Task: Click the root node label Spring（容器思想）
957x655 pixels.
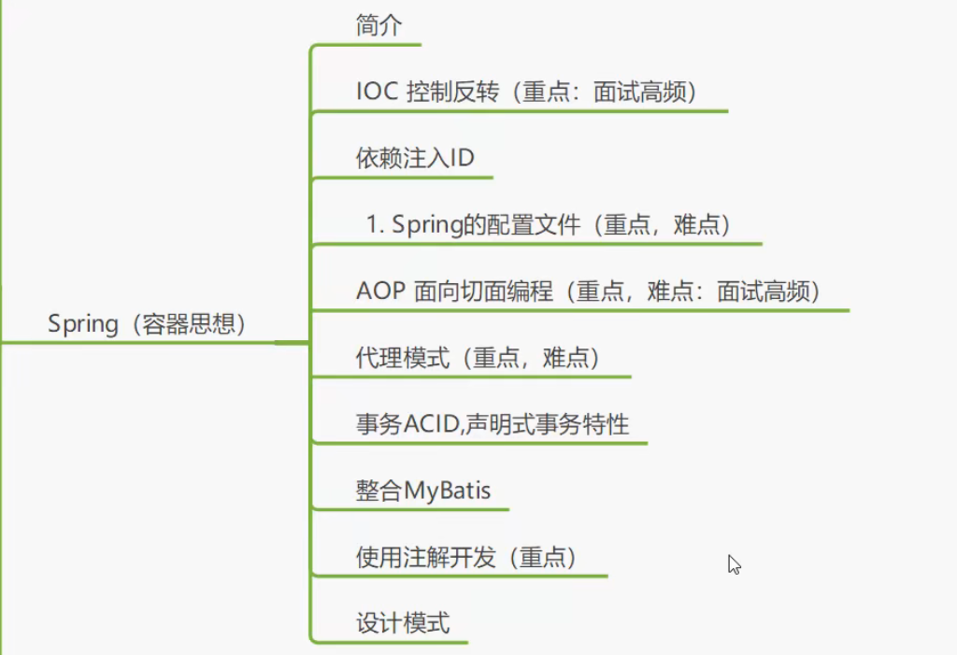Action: click(147, 324)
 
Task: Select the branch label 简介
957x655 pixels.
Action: click(379, 25)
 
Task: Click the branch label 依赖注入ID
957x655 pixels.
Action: click(415, 158)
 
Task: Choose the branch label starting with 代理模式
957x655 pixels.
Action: click(478, 358)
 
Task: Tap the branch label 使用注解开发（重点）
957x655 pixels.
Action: click(466, 558)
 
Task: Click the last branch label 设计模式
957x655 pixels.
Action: click(403, 622)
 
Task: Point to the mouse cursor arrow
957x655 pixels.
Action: click(734, 563)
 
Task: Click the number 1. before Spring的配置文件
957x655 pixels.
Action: click(376, 225)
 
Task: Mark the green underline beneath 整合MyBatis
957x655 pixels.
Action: click(411, 509)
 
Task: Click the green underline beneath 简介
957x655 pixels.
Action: click(366, 44)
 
